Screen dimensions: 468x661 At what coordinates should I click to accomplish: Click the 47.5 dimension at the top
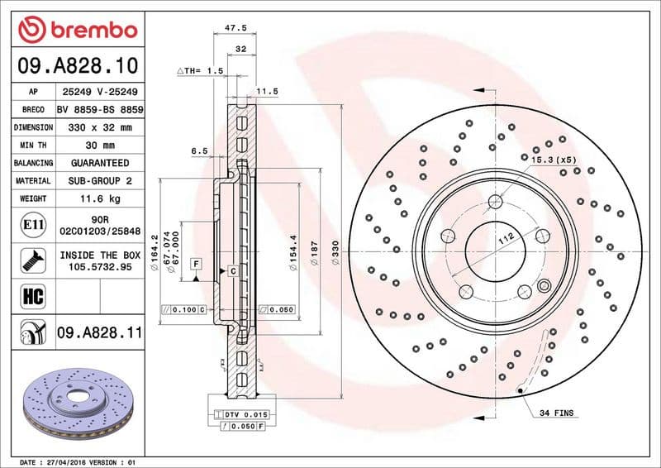pos(237,27)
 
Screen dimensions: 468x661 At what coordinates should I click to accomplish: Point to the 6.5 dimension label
pos(198,151)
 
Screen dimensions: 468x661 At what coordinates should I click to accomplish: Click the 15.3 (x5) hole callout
pos(553,158)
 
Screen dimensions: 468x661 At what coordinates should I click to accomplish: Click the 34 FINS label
pos(556,412)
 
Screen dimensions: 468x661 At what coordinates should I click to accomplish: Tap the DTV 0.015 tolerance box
pos(241,413)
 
